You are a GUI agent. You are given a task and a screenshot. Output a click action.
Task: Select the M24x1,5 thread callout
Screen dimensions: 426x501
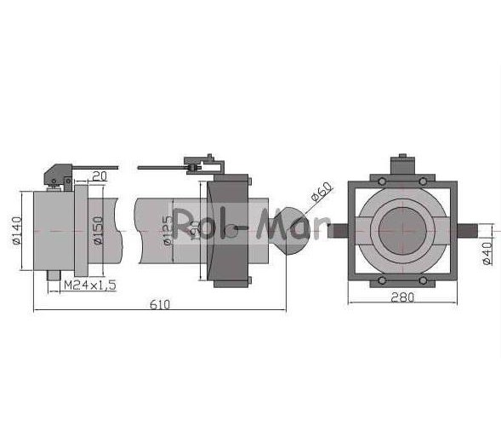click(90, 284)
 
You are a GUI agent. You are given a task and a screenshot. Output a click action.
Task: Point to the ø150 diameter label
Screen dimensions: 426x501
click(98, 229)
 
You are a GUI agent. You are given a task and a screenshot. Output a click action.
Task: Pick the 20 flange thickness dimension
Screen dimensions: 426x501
click(99, 176)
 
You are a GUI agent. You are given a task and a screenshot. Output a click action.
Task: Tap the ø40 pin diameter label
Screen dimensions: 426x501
click(487, 253)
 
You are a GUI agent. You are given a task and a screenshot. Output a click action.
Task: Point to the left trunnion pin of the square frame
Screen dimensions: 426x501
click(337, 230)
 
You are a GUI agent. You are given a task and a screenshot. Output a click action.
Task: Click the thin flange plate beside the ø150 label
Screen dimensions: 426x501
click(79, 228)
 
